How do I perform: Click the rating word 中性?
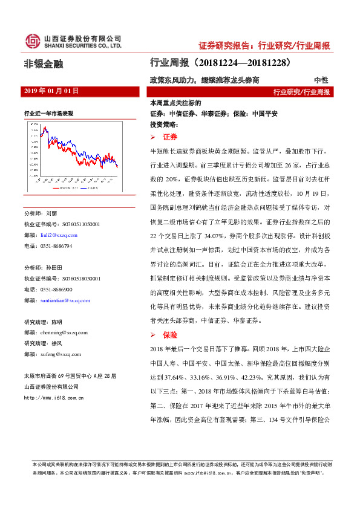[321, 80]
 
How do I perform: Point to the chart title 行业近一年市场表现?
[49, 113]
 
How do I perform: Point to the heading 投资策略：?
[162, 123]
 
